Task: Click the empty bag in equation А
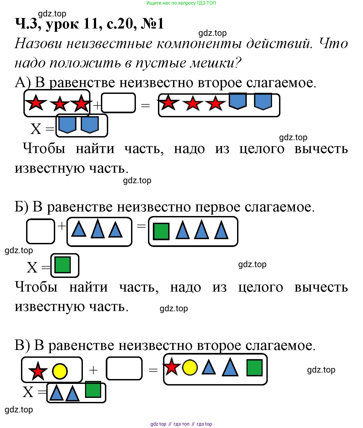pos(118,103)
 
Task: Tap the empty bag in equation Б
pos(40,231)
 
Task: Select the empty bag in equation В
pos(124,368)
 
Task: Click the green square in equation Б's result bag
pos(161,231)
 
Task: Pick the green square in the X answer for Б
pos(62,265)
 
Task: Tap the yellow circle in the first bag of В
pos(59,371)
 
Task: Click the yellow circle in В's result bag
pos(190,367)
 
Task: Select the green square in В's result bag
pos(254,368)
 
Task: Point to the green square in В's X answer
pos(93,390)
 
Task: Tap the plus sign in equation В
pos(93,370)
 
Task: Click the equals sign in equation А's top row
pos(145,105)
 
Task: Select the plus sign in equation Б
pos(62,226)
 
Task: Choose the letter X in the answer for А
pos(36,129)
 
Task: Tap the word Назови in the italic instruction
pos(38,44)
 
